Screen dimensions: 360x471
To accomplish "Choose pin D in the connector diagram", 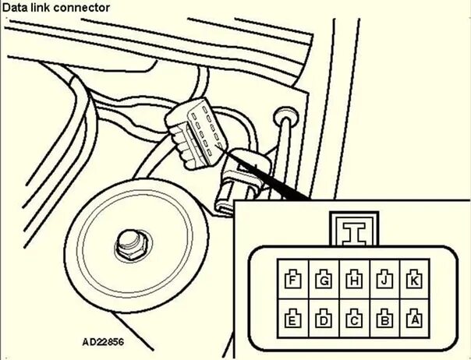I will (x=324, y=317).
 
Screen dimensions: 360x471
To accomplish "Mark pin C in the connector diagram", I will (x=354, y=317).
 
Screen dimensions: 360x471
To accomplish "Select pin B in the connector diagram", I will (x=384, y=317).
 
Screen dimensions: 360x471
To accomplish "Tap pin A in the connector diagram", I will (x=414, y=317).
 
